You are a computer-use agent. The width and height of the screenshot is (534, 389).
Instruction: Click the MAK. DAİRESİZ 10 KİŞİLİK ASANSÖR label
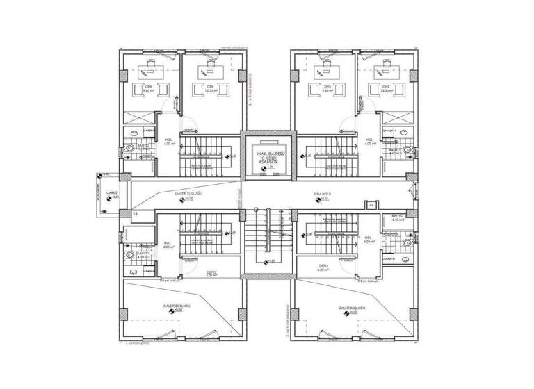267,156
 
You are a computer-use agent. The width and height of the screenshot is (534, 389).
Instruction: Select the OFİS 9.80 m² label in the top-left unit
148,88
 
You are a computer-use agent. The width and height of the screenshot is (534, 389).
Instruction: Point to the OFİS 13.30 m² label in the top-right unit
387,88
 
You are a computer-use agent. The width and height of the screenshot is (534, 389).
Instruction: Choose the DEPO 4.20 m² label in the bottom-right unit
323,267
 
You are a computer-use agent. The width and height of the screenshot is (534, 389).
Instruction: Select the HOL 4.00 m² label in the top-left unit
168,142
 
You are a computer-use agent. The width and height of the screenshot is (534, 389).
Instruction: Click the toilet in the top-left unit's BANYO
129,149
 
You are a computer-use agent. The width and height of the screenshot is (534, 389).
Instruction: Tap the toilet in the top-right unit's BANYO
412,149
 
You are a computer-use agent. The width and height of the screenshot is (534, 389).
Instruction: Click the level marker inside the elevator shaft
267,167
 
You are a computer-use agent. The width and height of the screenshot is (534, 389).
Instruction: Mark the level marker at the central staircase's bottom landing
267,261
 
